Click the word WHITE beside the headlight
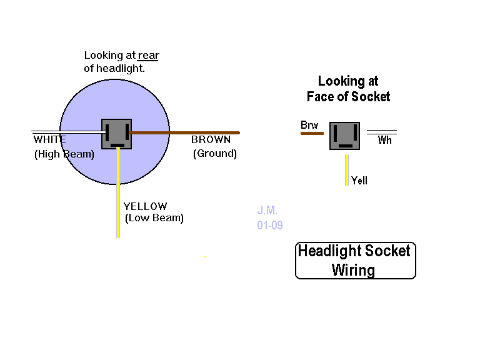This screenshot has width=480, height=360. click(x=49, y=140)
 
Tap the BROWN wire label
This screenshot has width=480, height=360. click(x=211, y=140)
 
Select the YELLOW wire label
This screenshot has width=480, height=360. click(x=145, y=207)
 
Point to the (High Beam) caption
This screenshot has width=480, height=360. click(x=64, y=154)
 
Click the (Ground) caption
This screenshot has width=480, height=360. click(x=214, y=153)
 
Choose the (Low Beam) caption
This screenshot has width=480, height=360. click(x=154, y=218)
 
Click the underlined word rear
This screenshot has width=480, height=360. click(x=149, y=56)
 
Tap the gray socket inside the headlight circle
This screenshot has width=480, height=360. click(x=117, y=134)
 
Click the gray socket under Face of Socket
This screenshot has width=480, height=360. click(x=345, y=136)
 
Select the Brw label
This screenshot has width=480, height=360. click(x=309, y=126)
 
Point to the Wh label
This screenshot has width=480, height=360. click(x=385, y=141)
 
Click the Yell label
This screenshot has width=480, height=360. click(x=359, y=181)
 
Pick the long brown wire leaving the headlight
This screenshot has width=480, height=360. click(x=187, y=132)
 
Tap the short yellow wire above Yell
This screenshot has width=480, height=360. click(x=346, y=169)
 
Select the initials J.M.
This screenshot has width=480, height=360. click(x=267, y=211)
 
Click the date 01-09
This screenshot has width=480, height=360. click(x=269, y=225)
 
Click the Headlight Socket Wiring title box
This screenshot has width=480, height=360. click(x=355, y=261)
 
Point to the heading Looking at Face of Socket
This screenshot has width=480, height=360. click(x=348, y=89)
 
